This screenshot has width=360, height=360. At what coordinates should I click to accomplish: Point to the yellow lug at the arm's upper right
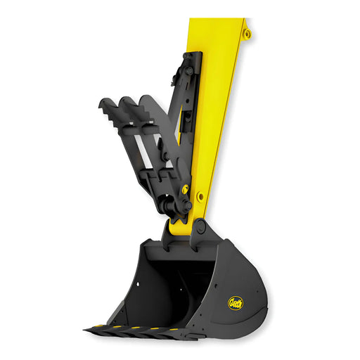click(246, 32)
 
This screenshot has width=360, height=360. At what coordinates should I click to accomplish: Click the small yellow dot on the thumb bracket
click(185, 189)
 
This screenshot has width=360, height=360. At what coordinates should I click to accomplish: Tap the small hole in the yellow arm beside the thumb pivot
click(201, 196)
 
